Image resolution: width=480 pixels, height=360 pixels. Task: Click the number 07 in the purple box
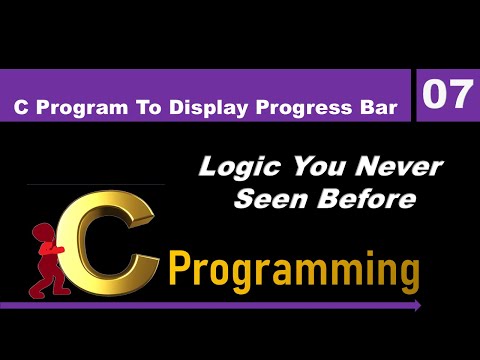(447, 96)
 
